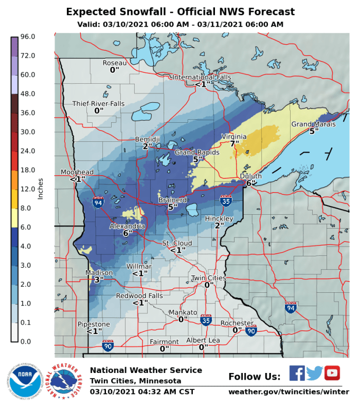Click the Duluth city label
250,176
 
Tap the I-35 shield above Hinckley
225,200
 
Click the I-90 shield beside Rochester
251,331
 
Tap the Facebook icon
297,373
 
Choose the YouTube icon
332,373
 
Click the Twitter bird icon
314,373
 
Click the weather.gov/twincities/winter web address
285,392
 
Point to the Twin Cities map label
208,278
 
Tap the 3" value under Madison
99,279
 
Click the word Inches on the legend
40,189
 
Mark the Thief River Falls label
98,104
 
